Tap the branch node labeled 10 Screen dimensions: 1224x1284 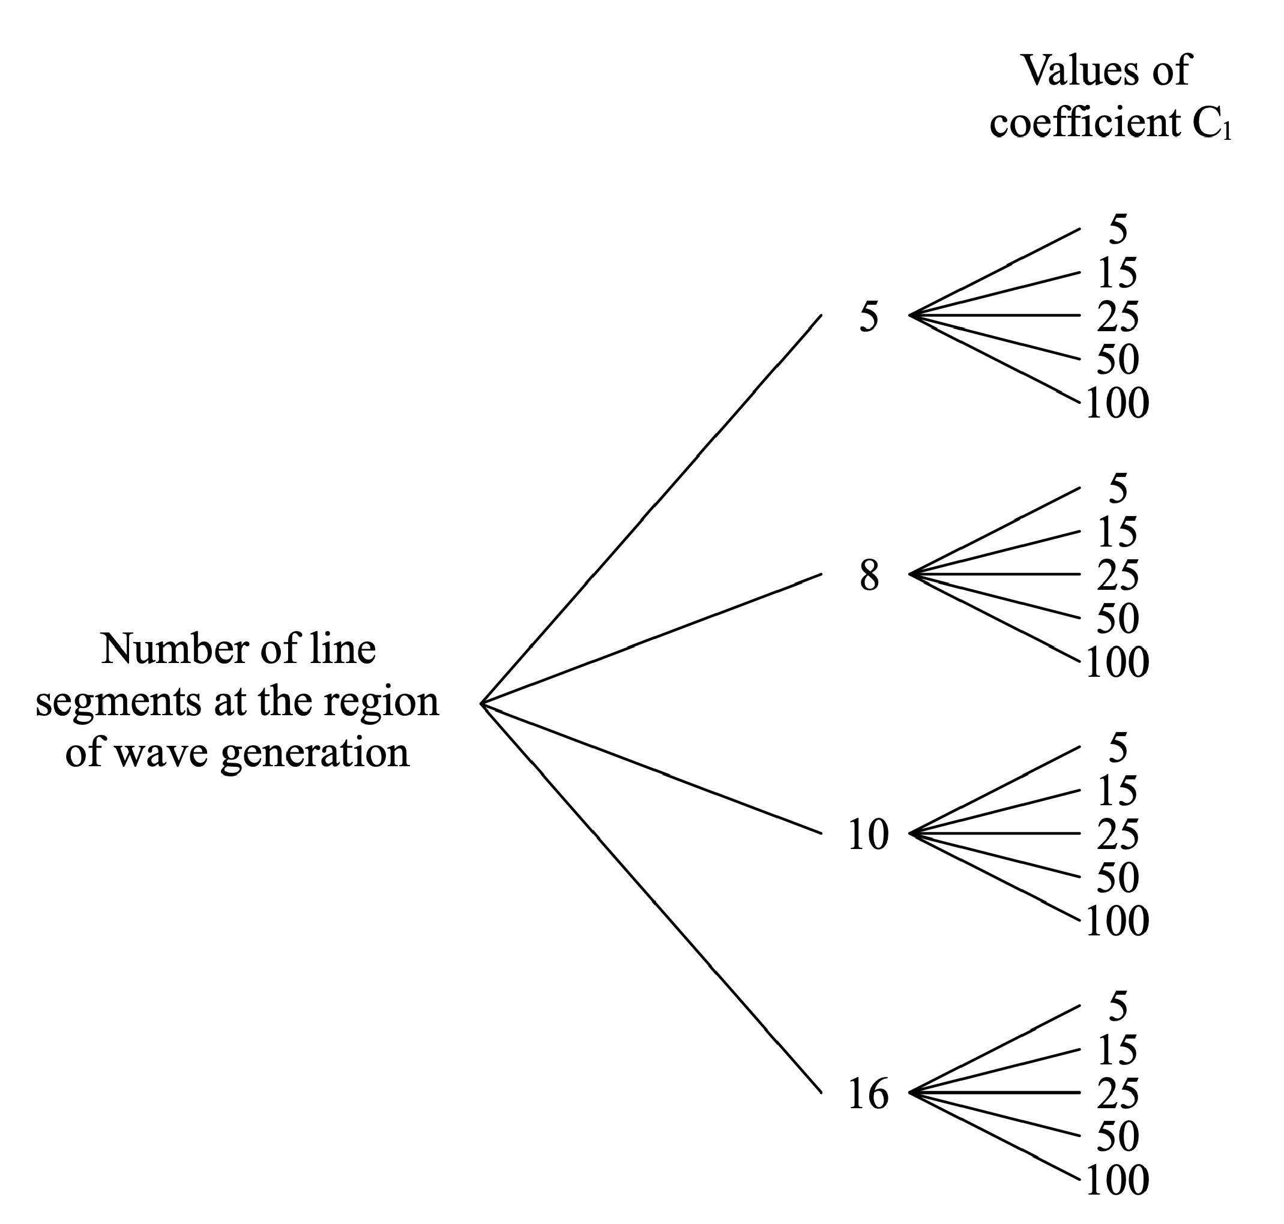click(867, 834)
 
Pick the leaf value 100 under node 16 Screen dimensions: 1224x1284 click(1117, 1180)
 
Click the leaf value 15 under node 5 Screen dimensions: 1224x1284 click(1117, 273)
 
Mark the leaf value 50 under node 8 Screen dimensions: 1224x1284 click(1117, 619)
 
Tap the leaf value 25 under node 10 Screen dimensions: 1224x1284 click(1117, 835)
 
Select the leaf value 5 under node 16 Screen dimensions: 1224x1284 click(1118, 1006)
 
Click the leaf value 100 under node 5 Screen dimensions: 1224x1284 click(1117, 403)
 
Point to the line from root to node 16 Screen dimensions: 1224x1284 click(653, 901)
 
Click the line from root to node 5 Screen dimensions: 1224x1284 click(653, 508)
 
